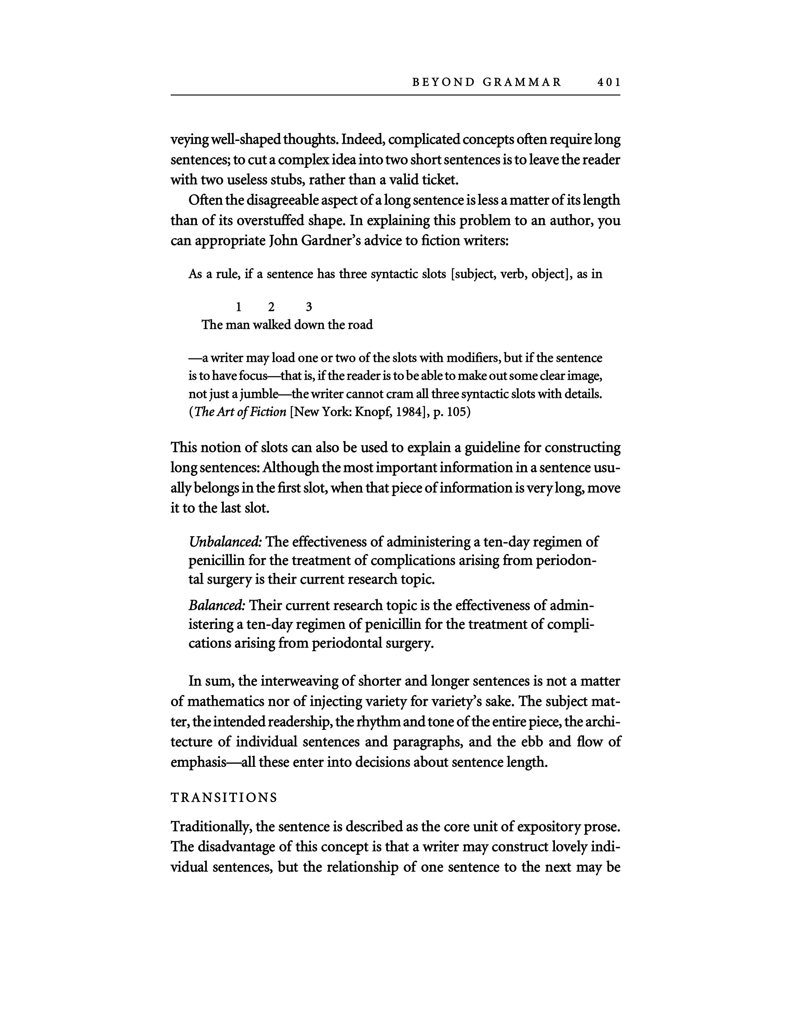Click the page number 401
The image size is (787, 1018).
point(608,82)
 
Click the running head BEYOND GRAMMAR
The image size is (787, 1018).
point(487,82)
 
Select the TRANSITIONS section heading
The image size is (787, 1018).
point(224,797)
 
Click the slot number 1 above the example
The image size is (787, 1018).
point(239,307)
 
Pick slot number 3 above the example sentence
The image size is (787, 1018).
point(309,307)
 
